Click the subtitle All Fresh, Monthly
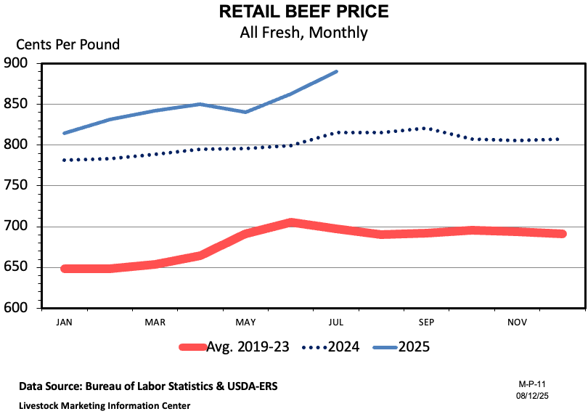303,33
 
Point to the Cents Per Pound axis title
63,44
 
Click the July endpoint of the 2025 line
336,71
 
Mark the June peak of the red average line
290,222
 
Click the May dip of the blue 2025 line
245,112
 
